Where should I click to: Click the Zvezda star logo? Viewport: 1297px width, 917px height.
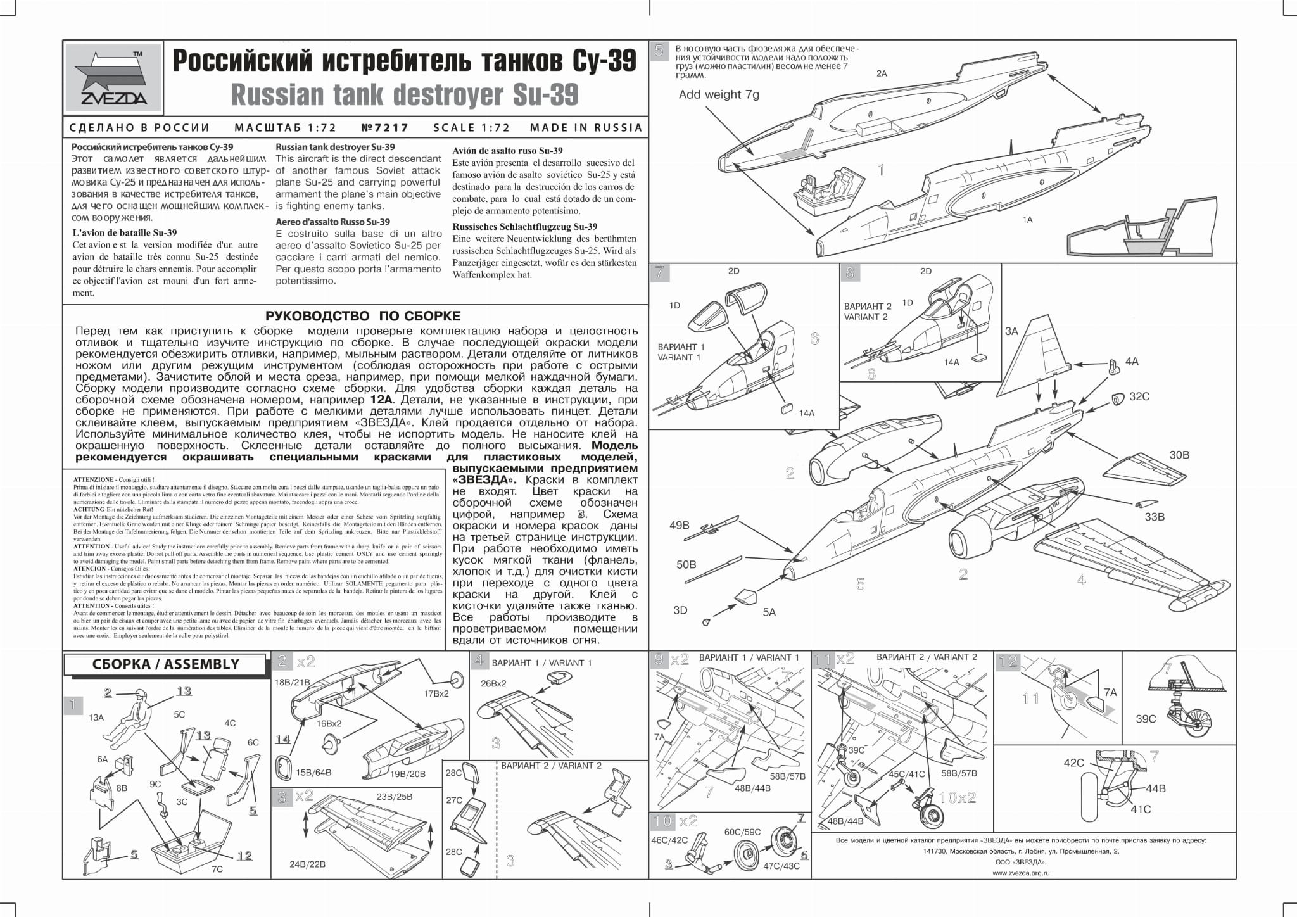113,77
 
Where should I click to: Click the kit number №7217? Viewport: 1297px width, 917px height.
385,127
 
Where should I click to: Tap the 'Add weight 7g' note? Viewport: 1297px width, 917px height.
719,95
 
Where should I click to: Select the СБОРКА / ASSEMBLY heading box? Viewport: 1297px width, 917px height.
165,664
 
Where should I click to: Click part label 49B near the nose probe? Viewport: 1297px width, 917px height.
680,525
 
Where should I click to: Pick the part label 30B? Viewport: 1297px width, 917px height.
1179,455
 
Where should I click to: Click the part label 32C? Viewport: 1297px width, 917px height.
1139,396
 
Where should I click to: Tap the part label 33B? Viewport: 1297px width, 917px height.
1155,517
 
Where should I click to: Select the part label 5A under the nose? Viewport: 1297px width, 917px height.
769,612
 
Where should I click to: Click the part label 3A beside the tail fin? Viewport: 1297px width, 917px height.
1011,331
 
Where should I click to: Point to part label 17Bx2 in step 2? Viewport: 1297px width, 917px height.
436,693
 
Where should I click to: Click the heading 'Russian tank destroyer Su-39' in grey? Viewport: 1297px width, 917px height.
405,95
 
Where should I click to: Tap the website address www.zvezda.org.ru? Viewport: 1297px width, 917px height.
1021,873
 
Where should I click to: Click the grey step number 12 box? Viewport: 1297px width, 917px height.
1008,662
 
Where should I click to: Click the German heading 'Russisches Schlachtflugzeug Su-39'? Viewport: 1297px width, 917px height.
525,227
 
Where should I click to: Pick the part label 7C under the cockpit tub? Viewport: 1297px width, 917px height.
217,869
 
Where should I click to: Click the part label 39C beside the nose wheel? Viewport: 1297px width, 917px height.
1146,719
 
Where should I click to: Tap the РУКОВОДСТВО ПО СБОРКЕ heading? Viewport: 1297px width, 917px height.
363,316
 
